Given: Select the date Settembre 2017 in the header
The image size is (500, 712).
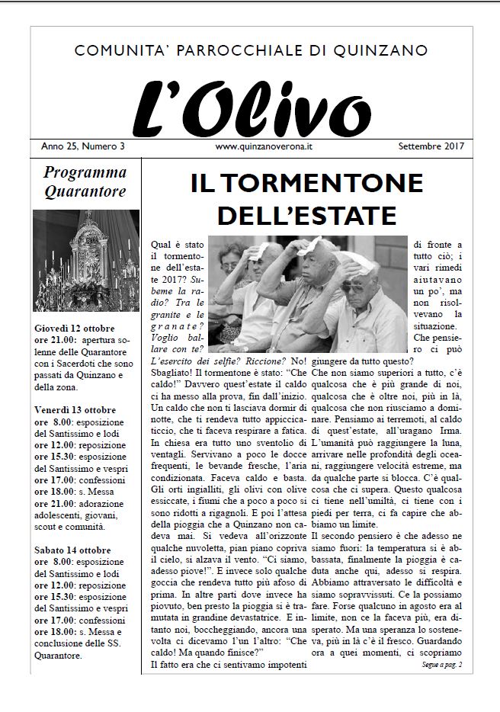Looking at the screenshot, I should (x=431, y=145).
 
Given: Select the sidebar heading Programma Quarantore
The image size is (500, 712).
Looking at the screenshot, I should (x=84, y=181).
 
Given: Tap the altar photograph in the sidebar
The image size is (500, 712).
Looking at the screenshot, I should (x=86, y=260).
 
